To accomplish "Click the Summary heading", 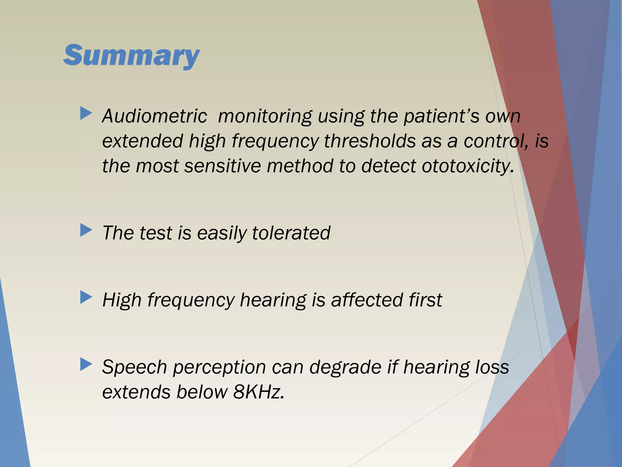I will click(131, 55).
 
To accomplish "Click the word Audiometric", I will click(155, 116).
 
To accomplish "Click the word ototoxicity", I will click(468, 167).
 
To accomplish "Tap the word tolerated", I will click(291, 233).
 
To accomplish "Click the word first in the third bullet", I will click(425, 300).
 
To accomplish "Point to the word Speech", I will click(134, 368).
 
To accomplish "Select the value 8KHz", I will click(258, 392).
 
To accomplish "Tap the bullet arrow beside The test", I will click(86, 230).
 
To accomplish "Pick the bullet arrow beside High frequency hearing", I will click(86, 297).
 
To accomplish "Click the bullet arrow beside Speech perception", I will click(86, 364).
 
